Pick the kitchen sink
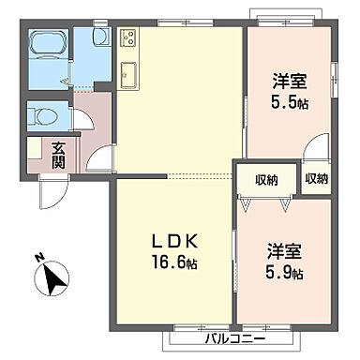click(x=128, y=74)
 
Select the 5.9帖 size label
click(x=282, y=274)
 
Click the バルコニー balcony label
click(x=233, y=338)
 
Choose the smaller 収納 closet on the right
click(x=315, y=178)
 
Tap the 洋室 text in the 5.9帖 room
click(x=282, y=253)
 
